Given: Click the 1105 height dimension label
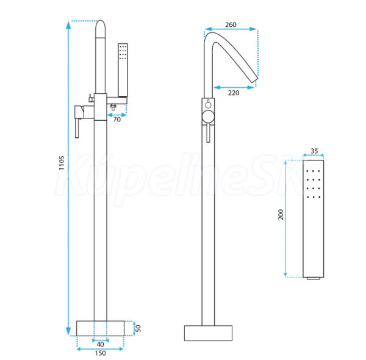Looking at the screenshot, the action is coord(62,163).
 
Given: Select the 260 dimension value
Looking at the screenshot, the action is coord(231,24).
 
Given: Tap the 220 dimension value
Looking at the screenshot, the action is coord(234,93).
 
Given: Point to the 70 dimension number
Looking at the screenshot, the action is coord(117,120).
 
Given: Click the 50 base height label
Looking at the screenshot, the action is coord(138,328).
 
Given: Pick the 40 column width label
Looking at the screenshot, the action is coord(101,344).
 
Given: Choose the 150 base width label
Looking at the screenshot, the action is coord(101,353).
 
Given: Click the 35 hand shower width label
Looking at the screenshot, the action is coord(314,151).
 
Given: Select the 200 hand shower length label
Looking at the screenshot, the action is coord(281,215).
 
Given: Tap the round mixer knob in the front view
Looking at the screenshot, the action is coord(208,117).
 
